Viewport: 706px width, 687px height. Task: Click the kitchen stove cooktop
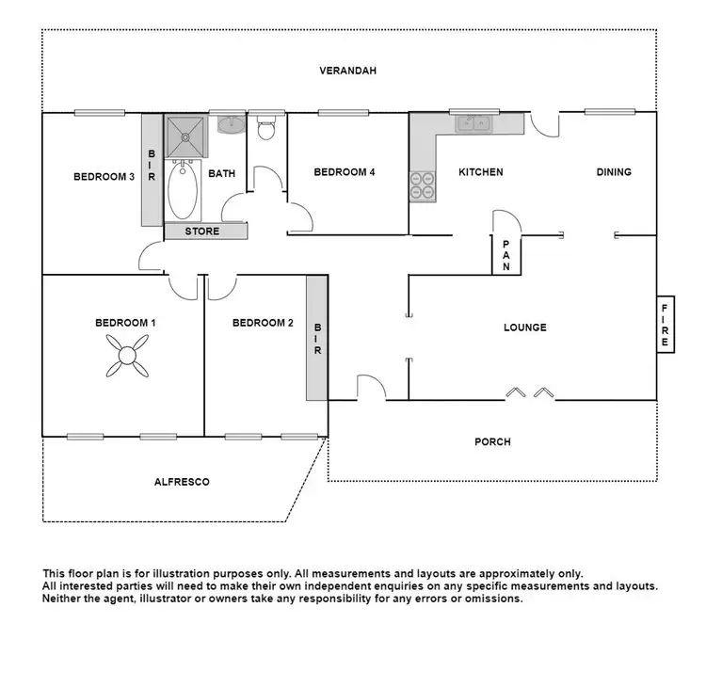point(423,185)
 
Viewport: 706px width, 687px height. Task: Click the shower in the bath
point(185,136)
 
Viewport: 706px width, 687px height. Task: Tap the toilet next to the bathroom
point(266,128)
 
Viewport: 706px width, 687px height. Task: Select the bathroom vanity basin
point(228,123)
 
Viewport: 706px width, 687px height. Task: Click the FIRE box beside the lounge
point(665,326)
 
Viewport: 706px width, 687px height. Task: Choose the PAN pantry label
point(505,254)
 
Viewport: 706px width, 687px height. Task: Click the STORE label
point(202,232)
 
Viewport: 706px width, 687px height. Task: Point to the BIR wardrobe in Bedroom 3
point(152,169)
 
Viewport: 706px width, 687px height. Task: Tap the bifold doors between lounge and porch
point(527,391)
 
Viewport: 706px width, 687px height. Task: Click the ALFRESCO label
point(182,482)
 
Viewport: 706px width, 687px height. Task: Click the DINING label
point(614,172)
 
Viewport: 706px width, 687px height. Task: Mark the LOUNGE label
point(525,328)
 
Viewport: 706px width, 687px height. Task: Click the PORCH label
point(492,441)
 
